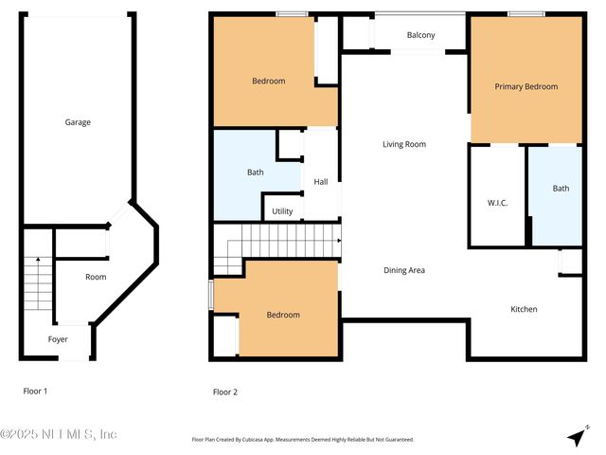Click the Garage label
[x=78, y=122]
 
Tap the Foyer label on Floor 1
[x=59, y=339]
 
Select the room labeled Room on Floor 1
[x=96, y=277]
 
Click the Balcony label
[x=420, y=36]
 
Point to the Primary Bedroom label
[x=526, y=86]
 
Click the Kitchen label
[x=524, y=309]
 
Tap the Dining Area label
[x=403, y=270]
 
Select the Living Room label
[x=403, y=144]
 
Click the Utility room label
[x=282, y=211]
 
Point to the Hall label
[x=320, y=182]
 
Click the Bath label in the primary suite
[x=561, y=188]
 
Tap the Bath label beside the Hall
[x=256, y=173]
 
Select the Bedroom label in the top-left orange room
[x=268, y=81]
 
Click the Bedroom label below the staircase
[x=282, y=315]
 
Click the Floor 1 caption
[x=35, y=391]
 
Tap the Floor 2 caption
[x=225, y=391]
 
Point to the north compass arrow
[x=576, y=436]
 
